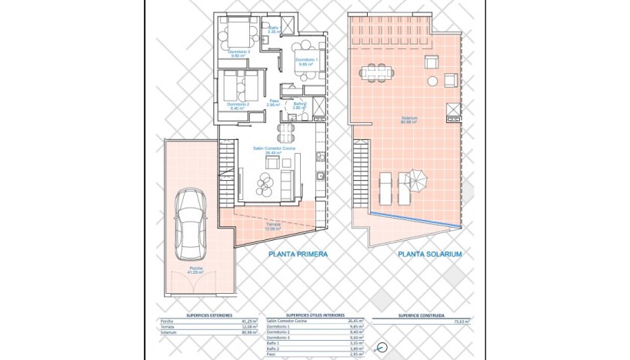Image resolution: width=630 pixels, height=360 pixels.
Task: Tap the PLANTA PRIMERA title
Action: [x=298, y=255]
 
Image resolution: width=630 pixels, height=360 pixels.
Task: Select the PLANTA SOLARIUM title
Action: [x=429, y=255]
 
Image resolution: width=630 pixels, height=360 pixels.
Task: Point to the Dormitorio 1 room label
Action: [x=307, y=62]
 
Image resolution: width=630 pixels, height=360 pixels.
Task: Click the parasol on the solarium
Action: [x=416, y=180]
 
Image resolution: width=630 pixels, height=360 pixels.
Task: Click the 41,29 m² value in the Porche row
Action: [x=247, y=321]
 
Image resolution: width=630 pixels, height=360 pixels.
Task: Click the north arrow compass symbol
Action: [x=382, y=348]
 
